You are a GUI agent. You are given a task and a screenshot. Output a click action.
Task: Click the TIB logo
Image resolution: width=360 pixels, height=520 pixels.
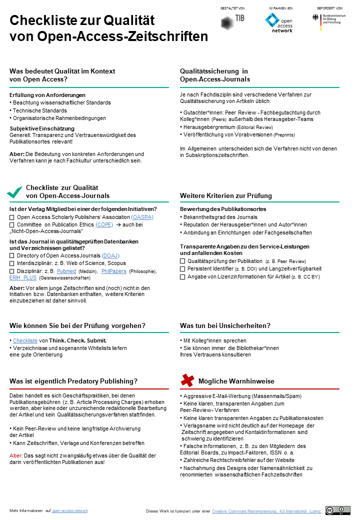point(232,21)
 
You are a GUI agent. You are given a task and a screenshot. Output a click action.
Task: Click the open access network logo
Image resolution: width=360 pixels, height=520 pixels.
point(279,23)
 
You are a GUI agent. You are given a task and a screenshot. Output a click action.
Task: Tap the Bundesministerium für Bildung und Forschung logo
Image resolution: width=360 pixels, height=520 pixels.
point(329,20)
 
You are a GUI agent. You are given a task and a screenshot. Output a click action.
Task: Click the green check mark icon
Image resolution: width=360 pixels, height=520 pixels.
point(14,191)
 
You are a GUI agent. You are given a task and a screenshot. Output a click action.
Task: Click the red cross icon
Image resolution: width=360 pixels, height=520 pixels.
point(187,380)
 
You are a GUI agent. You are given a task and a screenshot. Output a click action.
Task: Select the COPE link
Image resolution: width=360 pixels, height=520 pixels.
point(104,225)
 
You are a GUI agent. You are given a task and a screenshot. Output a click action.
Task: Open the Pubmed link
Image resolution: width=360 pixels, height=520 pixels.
point(66,271)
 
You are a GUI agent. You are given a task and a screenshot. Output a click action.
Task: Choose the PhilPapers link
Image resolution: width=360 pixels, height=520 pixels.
point(113,271)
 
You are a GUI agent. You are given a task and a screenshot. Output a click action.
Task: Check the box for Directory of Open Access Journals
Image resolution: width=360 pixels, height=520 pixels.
point(12,256)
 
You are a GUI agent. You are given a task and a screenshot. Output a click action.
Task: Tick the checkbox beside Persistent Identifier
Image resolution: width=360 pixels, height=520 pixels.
point(182,269)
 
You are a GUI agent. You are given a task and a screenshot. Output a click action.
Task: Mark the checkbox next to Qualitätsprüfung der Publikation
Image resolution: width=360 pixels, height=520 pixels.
point(182,261)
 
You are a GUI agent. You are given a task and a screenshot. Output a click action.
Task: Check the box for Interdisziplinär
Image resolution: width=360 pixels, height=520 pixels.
point(12,263)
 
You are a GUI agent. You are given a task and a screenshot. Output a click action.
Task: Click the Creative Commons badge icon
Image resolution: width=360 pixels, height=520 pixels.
point(337,510)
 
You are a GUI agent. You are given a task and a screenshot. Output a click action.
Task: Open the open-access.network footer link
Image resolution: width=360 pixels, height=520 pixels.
point(69,510)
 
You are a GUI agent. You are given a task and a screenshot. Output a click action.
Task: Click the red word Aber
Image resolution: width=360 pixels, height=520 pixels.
point(16,455)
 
